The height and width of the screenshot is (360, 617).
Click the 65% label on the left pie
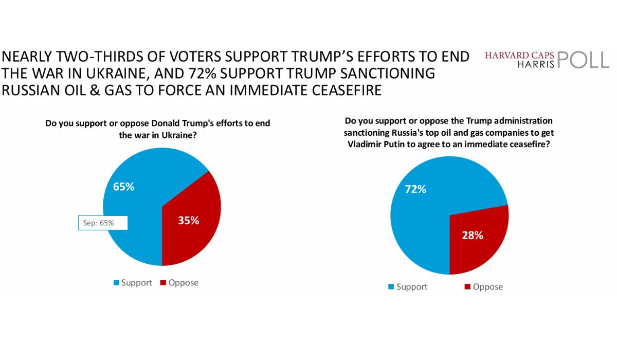(x=124, y=187)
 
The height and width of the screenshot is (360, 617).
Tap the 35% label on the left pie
(x=188, y=221)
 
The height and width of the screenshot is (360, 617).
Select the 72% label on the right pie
(x=415, y=189)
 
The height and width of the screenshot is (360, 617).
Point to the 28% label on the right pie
(x=472, y=236)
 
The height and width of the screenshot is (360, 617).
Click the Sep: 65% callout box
(x=102, y=223)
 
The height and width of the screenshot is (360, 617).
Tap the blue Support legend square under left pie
(x=116, y=282)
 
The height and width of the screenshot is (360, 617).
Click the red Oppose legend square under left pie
(x=163, y=282)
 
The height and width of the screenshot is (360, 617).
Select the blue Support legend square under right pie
(x=391, y=286)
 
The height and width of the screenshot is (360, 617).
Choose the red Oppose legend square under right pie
(x=467, y=286)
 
